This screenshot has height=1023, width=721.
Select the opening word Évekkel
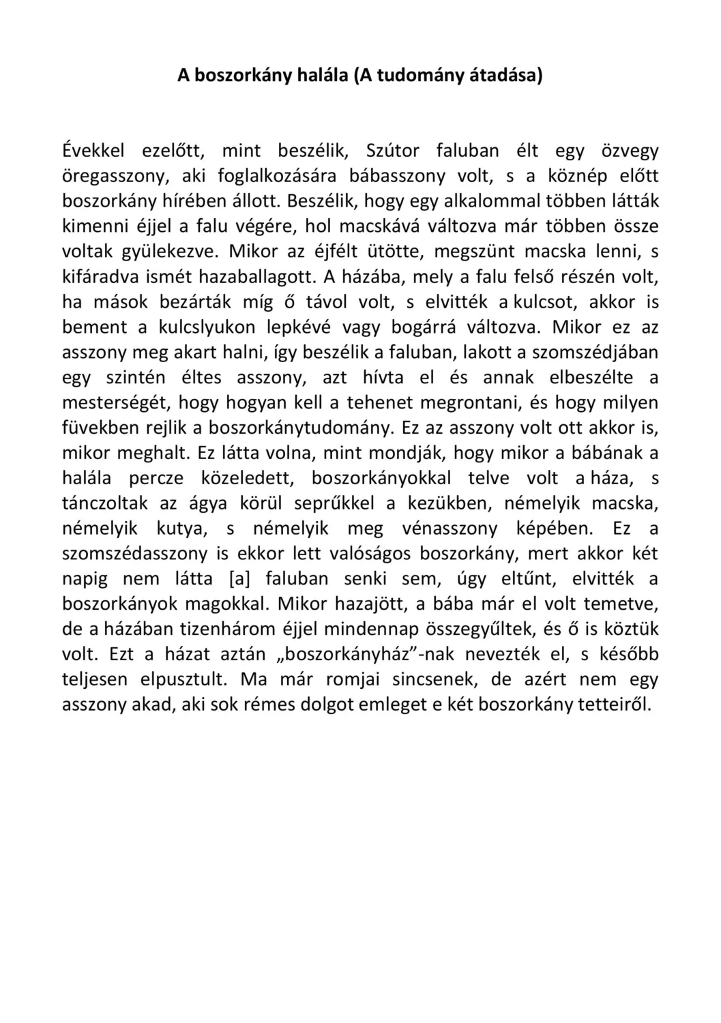(x=93, y=150)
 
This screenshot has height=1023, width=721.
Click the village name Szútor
(x=393, y=150)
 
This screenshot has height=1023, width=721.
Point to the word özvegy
(x=630, y=150)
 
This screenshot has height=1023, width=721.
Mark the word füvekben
(x=101, y=428)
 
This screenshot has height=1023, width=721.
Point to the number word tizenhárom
(x=230, y=629)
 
